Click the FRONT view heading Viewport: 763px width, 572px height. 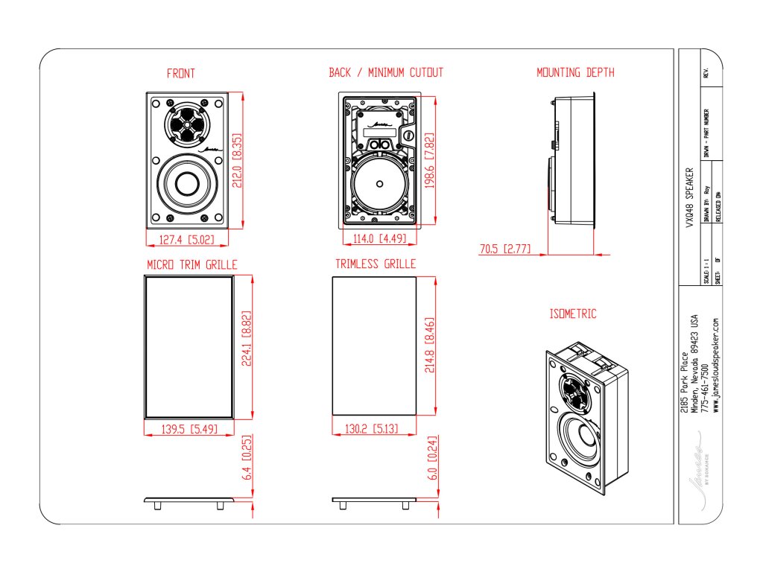coord(181,74)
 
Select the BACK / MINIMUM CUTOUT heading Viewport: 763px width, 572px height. coord(386,73)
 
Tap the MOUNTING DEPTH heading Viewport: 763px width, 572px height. coord(575,73)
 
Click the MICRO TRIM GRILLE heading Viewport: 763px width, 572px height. coord(192,264)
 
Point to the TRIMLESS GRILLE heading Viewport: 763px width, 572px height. coord(376,264)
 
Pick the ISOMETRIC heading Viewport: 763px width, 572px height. coord(573,314)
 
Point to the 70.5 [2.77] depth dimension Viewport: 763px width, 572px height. coord(505,249)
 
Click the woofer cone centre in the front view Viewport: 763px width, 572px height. coord(186,183)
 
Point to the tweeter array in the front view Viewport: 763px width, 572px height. coord(186,125)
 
